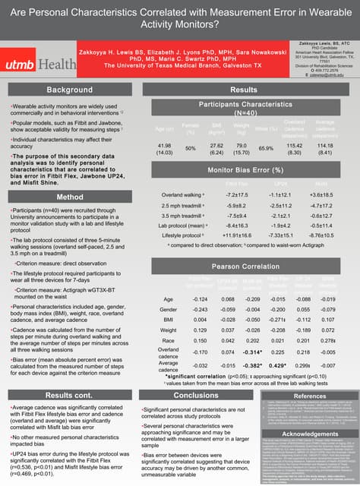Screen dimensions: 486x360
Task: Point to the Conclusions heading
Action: pos(196,395)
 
